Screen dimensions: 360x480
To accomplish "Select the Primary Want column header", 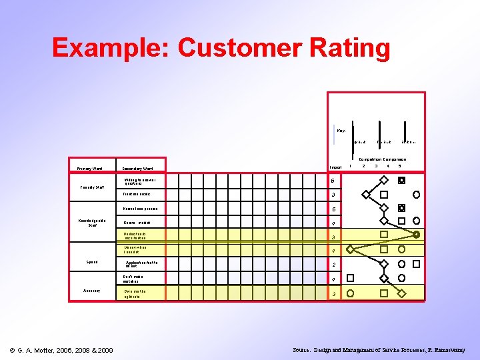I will tap(89, 169).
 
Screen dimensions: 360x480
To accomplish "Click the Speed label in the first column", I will tap(91, 261).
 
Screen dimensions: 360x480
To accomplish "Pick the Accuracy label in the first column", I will tap(91, 290).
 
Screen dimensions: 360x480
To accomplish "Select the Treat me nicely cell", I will tap(136, 195).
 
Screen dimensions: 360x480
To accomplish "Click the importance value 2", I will tap(334, 265).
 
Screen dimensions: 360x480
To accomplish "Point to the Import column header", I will tap(335, 167).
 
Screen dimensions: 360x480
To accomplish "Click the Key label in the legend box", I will tap(341, 131).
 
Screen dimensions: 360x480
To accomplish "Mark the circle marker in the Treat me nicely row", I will tap(417, 195).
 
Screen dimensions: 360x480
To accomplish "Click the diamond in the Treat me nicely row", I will tap(365, 195).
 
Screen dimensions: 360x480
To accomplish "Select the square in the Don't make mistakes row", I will tap(351, 279).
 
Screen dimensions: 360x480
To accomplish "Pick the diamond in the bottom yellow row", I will tap(401, 293).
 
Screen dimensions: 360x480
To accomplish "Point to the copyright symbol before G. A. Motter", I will tap(13, 351).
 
